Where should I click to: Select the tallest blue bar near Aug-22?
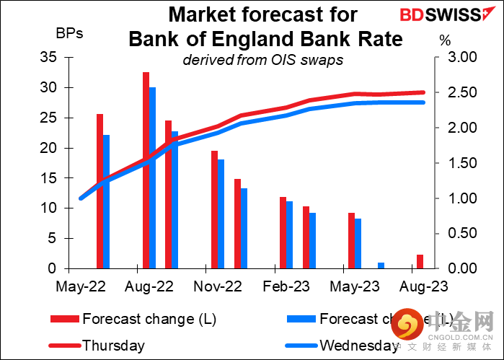153,177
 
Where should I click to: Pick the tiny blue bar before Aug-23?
381,265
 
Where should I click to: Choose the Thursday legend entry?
113,346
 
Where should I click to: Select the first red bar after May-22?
100,191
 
